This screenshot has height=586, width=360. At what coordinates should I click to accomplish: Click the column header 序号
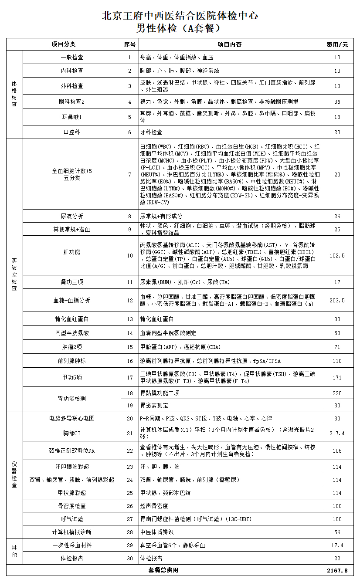click(129, 44)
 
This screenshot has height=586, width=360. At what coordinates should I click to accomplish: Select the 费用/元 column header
click(337, 44)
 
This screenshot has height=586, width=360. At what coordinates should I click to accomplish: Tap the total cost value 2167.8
click(337, 570)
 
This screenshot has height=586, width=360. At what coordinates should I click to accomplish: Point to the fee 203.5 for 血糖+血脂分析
click(337, 300)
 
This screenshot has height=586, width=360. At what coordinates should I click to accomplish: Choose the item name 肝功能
click(71, 252)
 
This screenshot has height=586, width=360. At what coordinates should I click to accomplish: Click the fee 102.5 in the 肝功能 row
click(337, 255)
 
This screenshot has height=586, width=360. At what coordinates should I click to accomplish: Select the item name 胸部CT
click(71, 433)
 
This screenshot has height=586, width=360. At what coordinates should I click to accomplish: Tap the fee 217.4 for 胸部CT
click(337, 433)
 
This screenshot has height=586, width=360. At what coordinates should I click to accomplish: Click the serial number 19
click(129, 405)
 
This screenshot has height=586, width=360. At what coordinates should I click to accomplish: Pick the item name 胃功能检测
click(71, 399)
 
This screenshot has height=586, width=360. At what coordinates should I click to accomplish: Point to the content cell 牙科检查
click(151, 132)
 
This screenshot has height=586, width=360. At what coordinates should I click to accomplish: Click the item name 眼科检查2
click(71, 102)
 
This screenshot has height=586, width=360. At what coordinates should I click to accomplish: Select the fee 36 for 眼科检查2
click(337, 102)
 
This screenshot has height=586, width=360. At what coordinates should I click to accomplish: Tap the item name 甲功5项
click(71, 377)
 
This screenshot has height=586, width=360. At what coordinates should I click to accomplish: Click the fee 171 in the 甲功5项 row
click(337, 377)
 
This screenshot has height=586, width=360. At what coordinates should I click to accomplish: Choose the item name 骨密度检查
click(71, 506)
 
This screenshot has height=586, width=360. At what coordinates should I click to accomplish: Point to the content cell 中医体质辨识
click(156, 532)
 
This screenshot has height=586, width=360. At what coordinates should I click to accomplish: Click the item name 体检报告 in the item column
click(71, 558)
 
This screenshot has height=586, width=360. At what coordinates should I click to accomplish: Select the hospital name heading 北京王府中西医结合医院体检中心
click(180, 16)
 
